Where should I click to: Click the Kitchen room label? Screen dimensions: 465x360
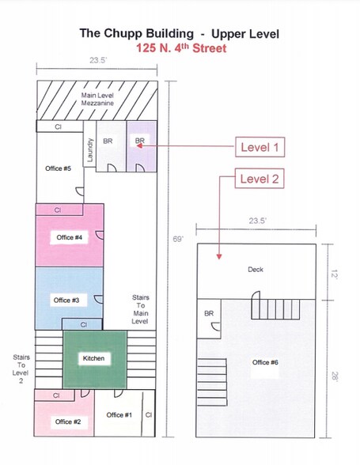(x=93, y=358)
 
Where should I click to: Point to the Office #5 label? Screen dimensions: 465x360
(x=59, y=168)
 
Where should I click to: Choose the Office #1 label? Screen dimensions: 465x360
(x=119, y=415)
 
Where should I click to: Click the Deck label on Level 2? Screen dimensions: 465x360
(x=255, y=270)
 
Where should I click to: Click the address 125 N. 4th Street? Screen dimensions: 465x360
(x=180, y=48)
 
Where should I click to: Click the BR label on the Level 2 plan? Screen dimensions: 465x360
(x=209, y=314)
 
